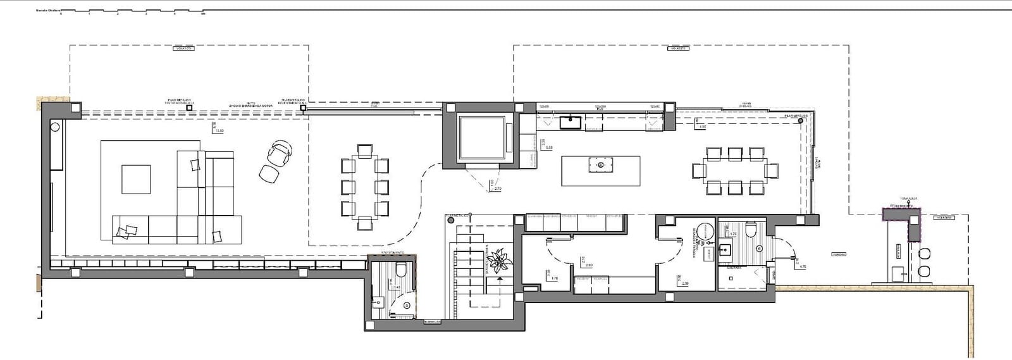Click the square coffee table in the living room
pos(136,179)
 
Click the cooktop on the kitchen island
pos(600,166)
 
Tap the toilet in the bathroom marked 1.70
pos(751,229)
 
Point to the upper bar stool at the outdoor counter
pos(925,254)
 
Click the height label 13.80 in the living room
pos(219,130)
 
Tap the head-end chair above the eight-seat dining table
pos(364,151)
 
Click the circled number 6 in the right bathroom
pos(759,249)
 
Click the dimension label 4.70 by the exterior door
pos(803,266)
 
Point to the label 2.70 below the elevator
pos(497,189)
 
